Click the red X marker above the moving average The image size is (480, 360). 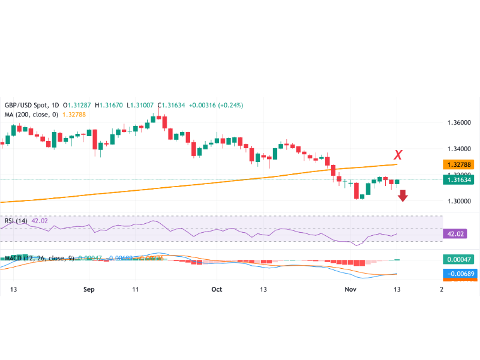[398, 155]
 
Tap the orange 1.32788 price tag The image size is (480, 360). [458, 164]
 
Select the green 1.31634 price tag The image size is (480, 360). [458, 179]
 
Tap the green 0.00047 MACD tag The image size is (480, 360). [458, 260]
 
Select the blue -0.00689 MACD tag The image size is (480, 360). [458, 274]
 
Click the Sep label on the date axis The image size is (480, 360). [89, 289]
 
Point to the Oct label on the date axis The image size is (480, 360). [217, 289]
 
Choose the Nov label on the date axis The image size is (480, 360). [351, 289]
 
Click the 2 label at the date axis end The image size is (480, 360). [441, 289]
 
